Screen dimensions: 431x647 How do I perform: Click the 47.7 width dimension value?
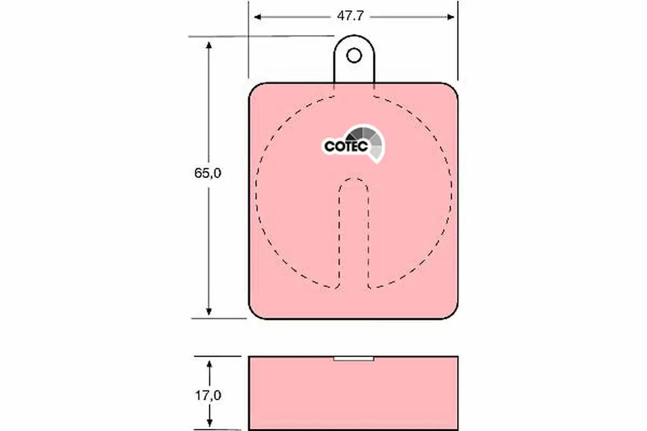click(350, 17)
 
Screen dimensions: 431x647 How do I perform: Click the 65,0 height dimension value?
click(208, 173)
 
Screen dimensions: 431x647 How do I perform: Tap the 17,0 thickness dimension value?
click(208, 395)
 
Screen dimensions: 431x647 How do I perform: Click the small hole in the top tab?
click(354, 55)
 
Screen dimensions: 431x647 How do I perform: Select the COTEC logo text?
click(346, 146)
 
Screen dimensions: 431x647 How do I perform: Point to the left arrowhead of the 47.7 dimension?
click(258, 17)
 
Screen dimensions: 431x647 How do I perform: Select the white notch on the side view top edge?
click(354, 358)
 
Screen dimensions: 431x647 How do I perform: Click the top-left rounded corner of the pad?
click(256, 90)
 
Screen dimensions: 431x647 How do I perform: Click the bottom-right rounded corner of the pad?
click(451, 312)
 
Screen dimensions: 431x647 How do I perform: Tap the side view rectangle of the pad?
click(353, 393)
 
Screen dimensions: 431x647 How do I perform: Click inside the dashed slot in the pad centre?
click(354, 232)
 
